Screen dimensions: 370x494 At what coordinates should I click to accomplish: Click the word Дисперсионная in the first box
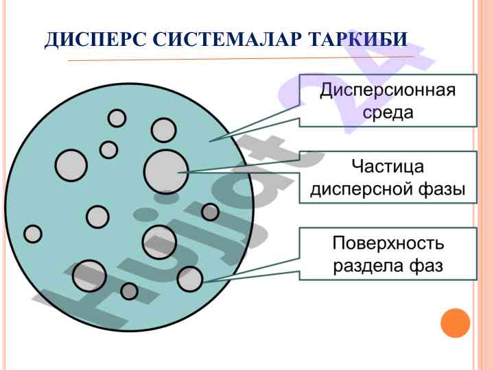(388, 90)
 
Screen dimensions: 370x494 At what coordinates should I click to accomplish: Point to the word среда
(388, 112)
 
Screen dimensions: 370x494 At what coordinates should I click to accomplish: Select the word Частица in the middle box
(388, 166)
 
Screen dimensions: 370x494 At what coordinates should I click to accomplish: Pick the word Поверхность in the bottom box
(388, 243)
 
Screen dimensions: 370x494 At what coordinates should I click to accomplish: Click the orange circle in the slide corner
(455, 323)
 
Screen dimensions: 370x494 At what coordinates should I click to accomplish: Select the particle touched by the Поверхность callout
(190, 279)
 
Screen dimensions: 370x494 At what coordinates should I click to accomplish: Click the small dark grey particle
(210, 212)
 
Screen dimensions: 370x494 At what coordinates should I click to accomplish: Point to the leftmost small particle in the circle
(33, 234)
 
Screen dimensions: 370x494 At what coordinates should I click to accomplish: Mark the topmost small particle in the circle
(117, 118)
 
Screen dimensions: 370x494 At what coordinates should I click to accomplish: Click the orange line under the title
(240, 60)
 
